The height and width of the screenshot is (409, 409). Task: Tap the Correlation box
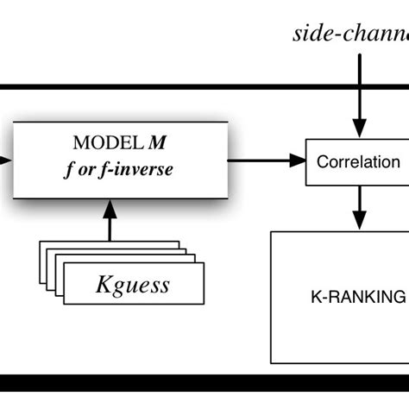pos(358,161)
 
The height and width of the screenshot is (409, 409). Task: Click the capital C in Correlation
pos(323,161)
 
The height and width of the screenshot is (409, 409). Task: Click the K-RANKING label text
pos(357,297)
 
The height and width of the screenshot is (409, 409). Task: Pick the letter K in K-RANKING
pos(315,297)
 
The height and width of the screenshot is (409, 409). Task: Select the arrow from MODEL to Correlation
pos(267,160)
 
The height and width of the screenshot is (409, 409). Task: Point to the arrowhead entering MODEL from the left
pos(6,160)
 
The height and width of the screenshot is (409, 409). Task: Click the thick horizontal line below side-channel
pos(204,87)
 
